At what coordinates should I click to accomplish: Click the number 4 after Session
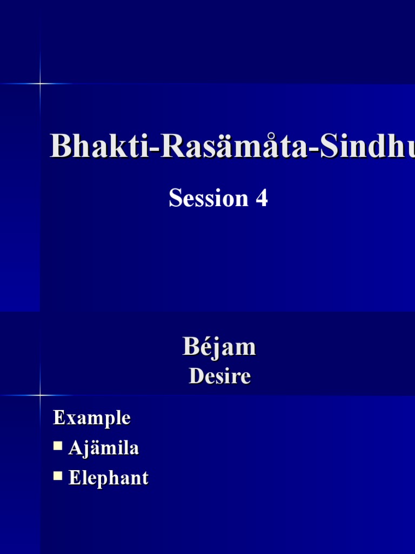[x=262, y=198]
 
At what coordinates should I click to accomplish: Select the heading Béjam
[x=219, y=347]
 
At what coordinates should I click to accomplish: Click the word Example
[x=91, y=418]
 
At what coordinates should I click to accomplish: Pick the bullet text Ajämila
[x=104, y=448]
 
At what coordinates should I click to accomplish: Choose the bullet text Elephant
[x=108, y=478]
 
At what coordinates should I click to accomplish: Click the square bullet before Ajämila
[x=58, y=446]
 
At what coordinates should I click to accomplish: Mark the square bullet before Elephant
[x=58, y=476]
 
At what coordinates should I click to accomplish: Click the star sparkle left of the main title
[x=39, y=83]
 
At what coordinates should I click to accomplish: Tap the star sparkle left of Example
[x=39, y=395]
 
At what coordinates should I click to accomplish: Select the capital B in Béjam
[x=191, y=347]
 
